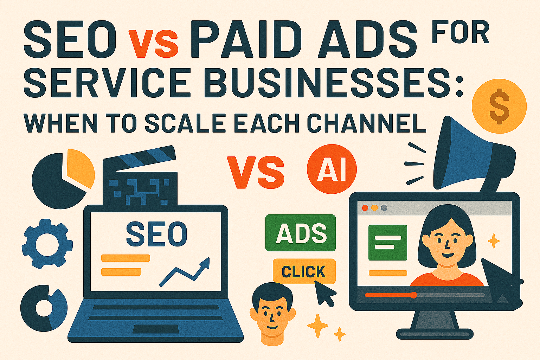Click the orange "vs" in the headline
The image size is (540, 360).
[x=153, y=44]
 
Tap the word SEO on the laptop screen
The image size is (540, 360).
[x=156, y=233]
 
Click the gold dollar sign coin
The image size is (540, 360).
[x=499, y=106]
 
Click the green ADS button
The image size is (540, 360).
[x=301, y=233]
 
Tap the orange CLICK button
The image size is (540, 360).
[x=304, y=271]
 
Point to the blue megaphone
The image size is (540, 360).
[x=468, y=155]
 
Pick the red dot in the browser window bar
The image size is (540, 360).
[x=365, y=208]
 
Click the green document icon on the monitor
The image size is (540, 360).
[x=387, y=242]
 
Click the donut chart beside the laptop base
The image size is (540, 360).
[x=44, y=308]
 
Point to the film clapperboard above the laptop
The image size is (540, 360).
[x=141, y=176]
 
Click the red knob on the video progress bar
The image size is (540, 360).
[x=414, y=295]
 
